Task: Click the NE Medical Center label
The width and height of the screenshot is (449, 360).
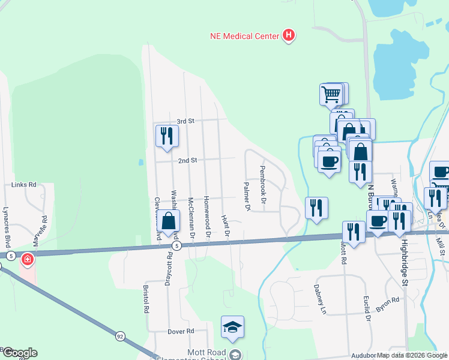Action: coord(244,36)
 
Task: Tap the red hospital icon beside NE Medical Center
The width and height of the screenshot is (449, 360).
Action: coord(289,35)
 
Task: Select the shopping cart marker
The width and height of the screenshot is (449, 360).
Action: coord(331,94)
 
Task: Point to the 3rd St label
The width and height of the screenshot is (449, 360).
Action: coord(186,121)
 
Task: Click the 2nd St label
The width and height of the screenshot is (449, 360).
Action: coord(187,161)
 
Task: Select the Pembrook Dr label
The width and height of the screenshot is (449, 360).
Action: coord(263,183)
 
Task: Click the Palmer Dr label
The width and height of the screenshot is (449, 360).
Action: coord(246,197)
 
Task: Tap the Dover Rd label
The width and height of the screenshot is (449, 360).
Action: coord(181,331)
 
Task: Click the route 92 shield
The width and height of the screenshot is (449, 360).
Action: coord(120,337)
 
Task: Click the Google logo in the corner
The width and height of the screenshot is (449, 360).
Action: coord(19,353)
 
